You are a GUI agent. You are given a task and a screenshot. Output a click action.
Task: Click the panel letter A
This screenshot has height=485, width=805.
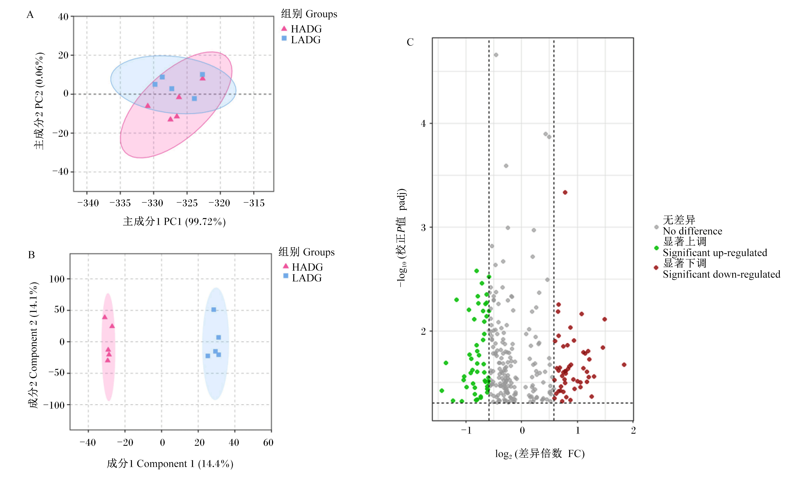pyautogui.click(x=30, y=15)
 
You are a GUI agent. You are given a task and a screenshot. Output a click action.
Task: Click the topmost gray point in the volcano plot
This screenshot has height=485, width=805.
pyautogui.click(x=496, y=55)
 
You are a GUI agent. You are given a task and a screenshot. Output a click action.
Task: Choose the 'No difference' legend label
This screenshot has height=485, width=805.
pyautogui.click(x=692, y=231)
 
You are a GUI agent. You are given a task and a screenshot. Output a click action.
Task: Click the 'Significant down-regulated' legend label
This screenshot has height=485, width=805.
pyautogui.click(x=721, y=274)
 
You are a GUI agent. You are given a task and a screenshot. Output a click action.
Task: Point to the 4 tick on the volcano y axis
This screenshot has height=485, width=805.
pyautogui.click(x=423, y=124)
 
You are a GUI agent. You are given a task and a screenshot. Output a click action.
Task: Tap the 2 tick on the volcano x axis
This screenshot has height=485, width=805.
pyautogui.click(x=633, y=430)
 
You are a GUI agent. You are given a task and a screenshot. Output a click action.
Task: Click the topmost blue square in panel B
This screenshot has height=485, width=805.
pyautogui.click(x=214, y=310)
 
